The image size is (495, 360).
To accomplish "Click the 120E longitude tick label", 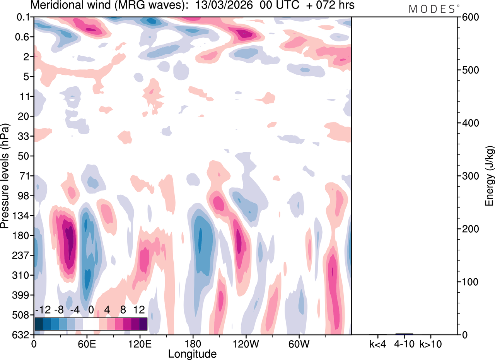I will click(139, 344).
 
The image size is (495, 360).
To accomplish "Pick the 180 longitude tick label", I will click(192, 344).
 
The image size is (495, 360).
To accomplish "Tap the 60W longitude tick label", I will click(298, 344).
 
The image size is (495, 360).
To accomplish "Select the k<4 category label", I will click(378, 344).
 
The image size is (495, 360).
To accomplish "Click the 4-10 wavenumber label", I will click(404, 344).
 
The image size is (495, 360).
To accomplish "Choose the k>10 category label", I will click(431, 344).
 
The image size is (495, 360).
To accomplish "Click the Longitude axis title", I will click(192, 353).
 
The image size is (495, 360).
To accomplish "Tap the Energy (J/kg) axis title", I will click(490, 176).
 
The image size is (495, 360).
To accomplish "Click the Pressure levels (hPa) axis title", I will click(5, 176).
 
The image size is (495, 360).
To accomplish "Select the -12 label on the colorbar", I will click(43, 310).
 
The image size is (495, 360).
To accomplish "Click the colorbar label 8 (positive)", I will click(123, 310).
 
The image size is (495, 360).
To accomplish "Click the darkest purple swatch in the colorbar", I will click(143, 324).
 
